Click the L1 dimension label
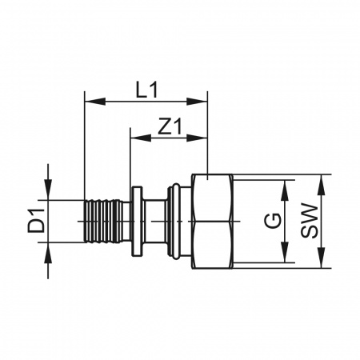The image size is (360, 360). pyautogui.click(x=147, y=90)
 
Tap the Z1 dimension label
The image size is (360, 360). pyautogui.click(x=170, y=126)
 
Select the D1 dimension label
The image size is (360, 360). pyautogui.click(x=36, y=222)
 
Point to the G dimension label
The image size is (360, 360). pyautogui.click(x=273, y=222)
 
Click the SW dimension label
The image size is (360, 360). pyautogui.click(x=310, y=222)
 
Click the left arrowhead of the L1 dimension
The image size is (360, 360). pyautogui.click(x=94, y=102)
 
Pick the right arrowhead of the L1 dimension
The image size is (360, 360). pyautogui.click(x=197, y=102)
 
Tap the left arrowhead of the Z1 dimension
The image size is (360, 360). pyautogui.click(x=141, y=138)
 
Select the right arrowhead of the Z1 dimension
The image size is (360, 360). pyautogui.click(x=197, y=138)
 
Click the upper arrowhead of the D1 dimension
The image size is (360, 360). pyautogui.click(x=48, y=190)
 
